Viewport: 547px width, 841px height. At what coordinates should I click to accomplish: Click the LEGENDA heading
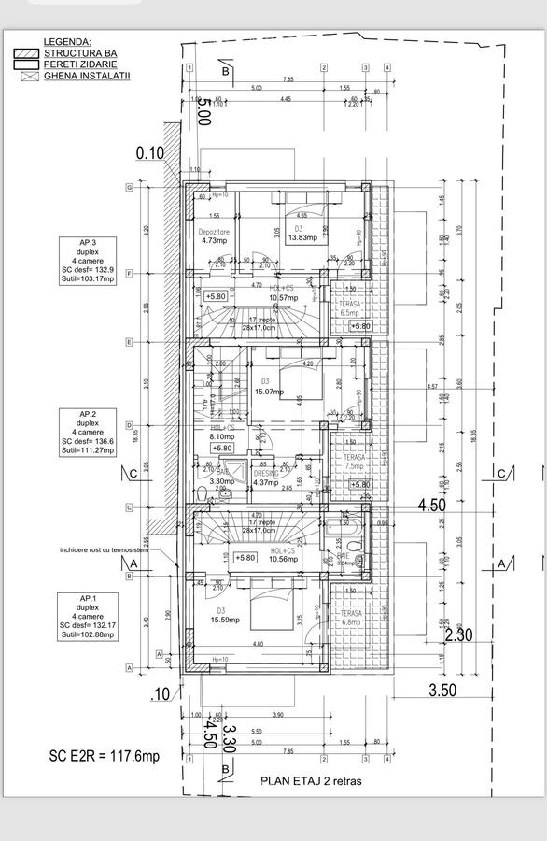[x=66, y=42]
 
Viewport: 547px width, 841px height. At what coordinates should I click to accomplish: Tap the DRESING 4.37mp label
[x=266, y=478]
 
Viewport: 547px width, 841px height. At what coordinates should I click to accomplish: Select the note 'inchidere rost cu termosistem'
[x=104, y=550]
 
